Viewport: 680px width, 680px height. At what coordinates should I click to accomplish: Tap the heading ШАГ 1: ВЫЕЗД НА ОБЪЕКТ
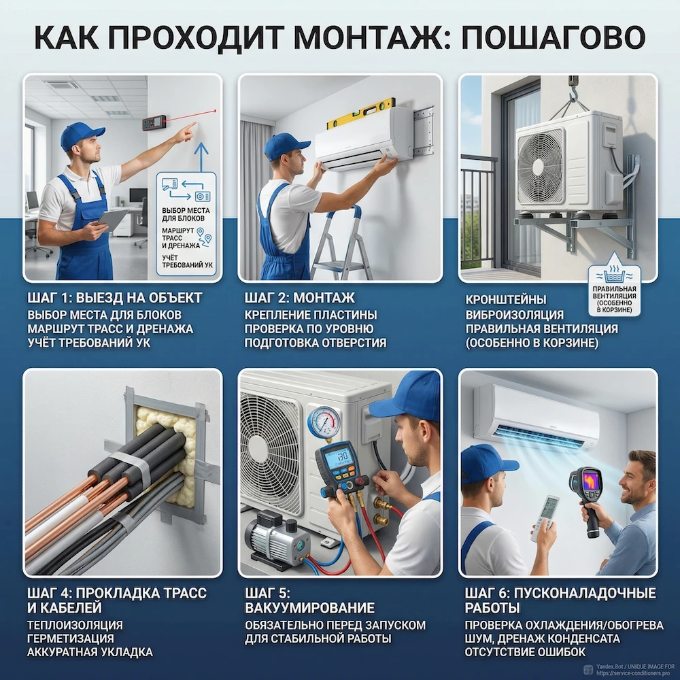pos(115,299)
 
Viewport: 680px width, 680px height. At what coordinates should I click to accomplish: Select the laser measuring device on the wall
pos(152,123)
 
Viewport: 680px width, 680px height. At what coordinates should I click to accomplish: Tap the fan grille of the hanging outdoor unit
pos(541,167)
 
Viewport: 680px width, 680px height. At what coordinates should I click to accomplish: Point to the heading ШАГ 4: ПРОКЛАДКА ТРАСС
pos(116,592)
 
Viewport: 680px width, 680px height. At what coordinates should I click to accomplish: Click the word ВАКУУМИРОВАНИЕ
pos(309,607)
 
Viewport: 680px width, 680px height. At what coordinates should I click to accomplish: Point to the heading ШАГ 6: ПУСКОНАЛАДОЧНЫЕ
pos(560,592)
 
